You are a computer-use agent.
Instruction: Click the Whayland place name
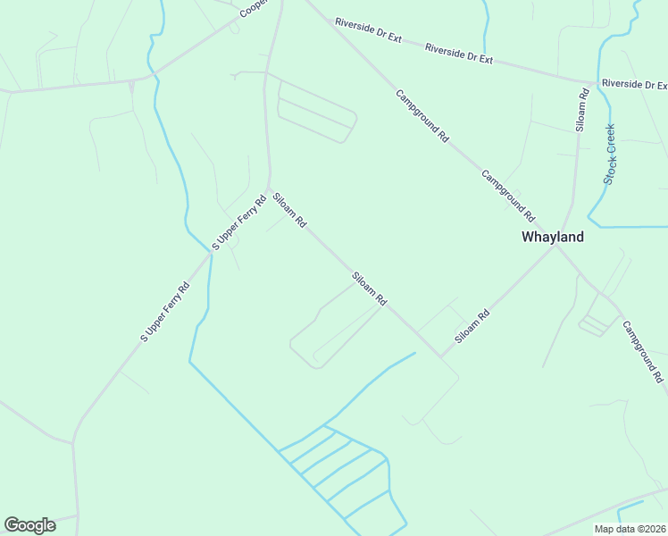(552, 238)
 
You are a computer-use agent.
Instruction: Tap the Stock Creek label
(610, 155)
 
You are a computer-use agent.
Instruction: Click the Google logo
(29, 525)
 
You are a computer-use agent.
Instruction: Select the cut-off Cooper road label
(255, 9)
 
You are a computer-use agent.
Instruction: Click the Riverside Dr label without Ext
(634, 84)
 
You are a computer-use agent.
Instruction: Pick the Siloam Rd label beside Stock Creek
(581, 111)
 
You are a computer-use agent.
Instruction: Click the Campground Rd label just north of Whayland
(507, 196)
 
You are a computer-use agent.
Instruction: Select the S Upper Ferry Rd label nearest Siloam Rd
(239, 222)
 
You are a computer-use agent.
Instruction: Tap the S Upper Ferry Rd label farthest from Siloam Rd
(166, 313)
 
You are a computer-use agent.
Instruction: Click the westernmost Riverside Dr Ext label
(368, 29)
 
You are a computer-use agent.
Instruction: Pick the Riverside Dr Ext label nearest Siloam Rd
(459, 53)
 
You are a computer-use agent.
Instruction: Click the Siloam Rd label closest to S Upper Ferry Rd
(289, 211)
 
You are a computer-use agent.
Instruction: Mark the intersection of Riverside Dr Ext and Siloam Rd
(596, 80)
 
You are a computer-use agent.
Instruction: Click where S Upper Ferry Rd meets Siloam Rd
(269, 187)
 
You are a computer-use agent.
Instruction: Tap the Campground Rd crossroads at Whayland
(555, 246)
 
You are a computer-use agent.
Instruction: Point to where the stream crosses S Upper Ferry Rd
(211, 253)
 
